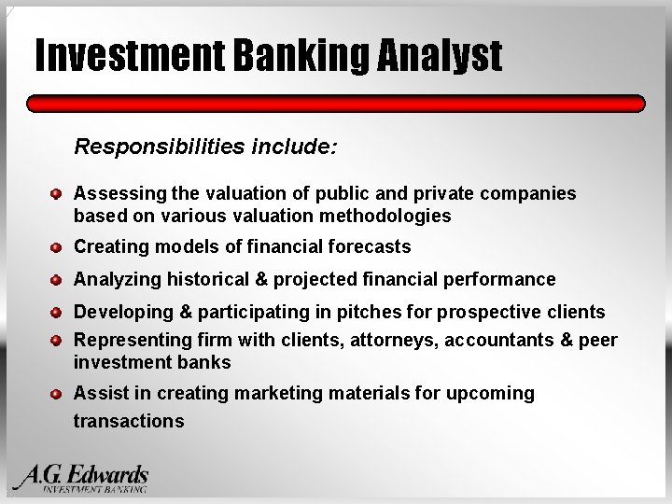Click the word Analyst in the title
click(x=440, y=56)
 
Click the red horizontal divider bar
click(x=336, y=104)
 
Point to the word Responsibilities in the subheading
click(x=152, y=147)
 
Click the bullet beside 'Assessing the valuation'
click(x=57, y=194)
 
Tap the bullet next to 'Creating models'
click(x=57, y=247)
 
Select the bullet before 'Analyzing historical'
click(x=57, y=280)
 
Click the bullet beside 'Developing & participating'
click(x=57, y=313)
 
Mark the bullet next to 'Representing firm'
click(x=57, y=341)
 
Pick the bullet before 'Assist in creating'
click(x=57, y=394)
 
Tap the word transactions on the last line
click(x=129, y=421)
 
